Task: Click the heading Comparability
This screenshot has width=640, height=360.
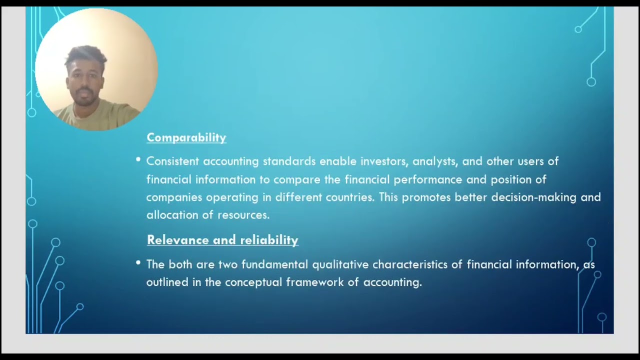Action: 186,137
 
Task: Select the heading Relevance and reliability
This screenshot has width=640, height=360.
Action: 222,240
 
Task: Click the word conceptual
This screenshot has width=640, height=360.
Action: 253,282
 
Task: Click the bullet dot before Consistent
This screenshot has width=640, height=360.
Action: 138,159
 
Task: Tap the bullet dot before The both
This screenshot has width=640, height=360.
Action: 138,262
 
